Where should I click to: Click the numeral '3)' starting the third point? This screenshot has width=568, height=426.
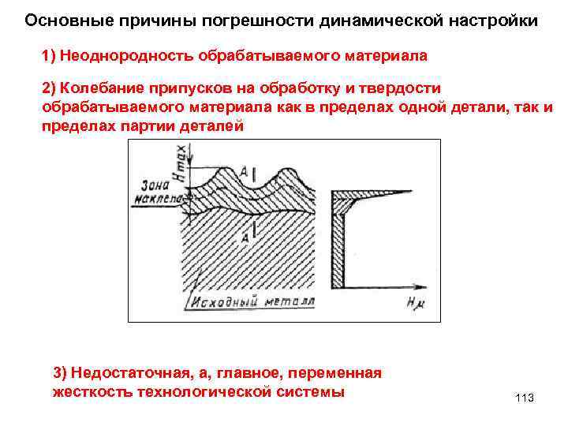60,372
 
